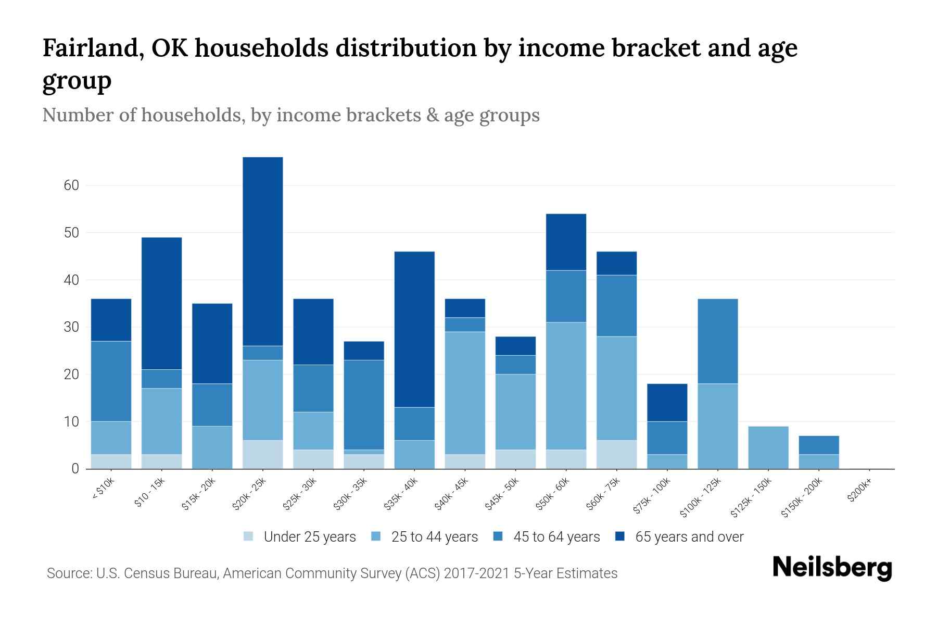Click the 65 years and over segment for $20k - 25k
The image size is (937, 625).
(263, 252)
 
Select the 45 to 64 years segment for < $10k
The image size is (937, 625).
(111, 381)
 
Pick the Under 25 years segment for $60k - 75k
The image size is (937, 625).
(617, 455)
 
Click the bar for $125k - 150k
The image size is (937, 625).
(768, 447)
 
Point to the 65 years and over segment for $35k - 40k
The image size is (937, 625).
(414, 329)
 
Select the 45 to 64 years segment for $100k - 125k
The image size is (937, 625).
(718, 341)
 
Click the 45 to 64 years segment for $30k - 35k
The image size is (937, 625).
(364, 405)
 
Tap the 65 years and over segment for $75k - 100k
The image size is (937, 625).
(667, 403)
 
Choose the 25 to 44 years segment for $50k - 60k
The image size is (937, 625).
(566, 386)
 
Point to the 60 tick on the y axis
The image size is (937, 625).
(72, 185)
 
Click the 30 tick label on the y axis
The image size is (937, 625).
(72, 327)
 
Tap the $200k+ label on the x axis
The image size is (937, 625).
(859, 492)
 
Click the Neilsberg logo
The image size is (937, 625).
(832, 568)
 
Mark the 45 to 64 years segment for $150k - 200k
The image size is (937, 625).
(819, 445)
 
